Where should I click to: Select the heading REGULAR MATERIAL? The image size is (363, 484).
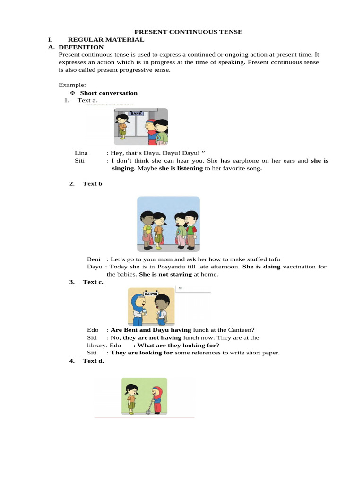coord(106,40)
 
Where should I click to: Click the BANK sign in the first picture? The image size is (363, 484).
coord(137,114)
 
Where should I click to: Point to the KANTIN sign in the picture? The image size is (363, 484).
coord(151,294)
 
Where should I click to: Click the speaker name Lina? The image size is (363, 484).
coord(81,153)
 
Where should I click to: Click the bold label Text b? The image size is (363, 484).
coord(93,183)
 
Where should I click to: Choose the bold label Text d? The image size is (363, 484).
coord(93,361)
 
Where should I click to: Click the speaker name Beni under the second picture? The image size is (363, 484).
coord(94,259)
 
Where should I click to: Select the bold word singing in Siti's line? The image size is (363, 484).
coord(123,168)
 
